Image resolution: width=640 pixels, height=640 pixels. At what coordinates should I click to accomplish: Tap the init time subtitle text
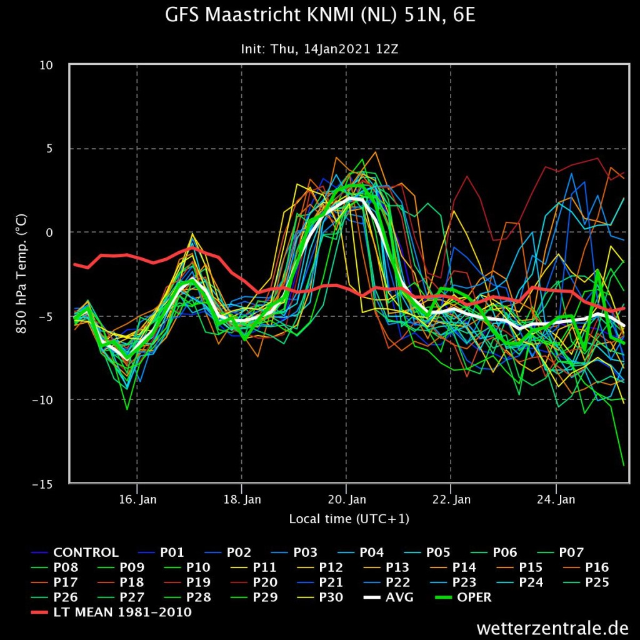(x=319, y=49)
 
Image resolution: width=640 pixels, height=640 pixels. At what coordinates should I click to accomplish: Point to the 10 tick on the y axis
(x=46, y=65)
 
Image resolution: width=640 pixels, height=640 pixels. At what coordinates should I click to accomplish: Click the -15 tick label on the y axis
(x=42, y=484)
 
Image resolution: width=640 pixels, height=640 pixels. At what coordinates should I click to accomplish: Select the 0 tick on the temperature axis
(x=49, y=232)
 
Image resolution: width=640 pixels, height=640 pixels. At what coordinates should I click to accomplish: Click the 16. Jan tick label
(x=137, y=499)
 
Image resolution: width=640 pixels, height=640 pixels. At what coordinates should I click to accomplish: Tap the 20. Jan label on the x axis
(x=347, y=499)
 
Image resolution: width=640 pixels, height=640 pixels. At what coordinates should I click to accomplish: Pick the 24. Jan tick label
(x=556, y=499)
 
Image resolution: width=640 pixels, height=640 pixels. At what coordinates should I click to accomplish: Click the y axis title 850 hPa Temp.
(x=21, y=274)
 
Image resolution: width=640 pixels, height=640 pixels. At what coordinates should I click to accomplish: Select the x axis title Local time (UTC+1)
(x=349, y=519)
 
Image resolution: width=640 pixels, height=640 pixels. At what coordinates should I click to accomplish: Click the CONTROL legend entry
(x=75, y=552)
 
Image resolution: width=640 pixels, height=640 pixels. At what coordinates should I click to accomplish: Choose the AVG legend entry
(x=388, y=597)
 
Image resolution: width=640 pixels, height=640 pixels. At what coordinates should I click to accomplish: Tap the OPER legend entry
(x=463, y=597)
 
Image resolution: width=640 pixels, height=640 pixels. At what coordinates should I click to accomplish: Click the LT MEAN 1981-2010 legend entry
(x=111, y=612)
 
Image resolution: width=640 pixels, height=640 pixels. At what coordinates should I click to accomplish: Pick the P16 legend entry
(x=586, y=567)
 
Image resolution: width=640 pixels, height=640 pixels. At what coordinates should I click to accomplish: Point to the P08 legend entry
(x=55, y=567)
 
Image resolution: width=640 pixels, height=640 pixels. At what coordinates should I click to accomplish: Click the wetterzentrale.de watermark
(x=552, y=627)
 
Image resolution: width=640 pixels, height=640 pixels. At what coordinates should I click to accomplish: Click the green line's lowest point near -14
(x=624, y=465)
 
